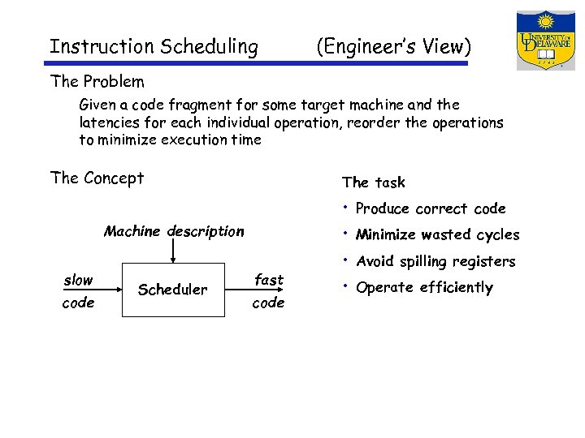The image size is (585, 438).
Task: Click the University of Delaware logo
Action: tap(545, 41)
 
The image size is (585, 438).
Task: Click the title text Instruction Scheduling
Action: tap(154, 47)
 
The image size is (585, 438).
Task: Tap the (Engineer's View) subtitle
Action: tap(393, 47)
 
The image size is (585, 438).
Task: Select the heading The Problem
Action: tap(97, 82)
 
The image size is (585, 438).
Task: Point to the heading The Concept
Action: tap(97, 178)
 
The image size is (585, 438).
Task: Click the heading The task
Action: tap(374, 182)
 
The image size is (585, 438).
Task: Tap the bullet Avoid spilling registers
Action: tap(435, 261)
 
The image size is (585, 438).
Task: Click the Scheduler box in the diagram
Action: tap(173, 290)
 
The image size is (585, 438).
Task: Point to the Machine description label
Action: tap(174, 231)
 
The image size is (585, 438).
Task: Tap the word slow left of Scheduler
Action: tap(78, 280)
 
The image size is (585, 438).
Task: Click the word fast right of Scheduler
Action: tap(269, 280)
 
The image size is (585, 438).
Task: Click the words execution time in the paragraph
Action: tap(216, 140)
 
